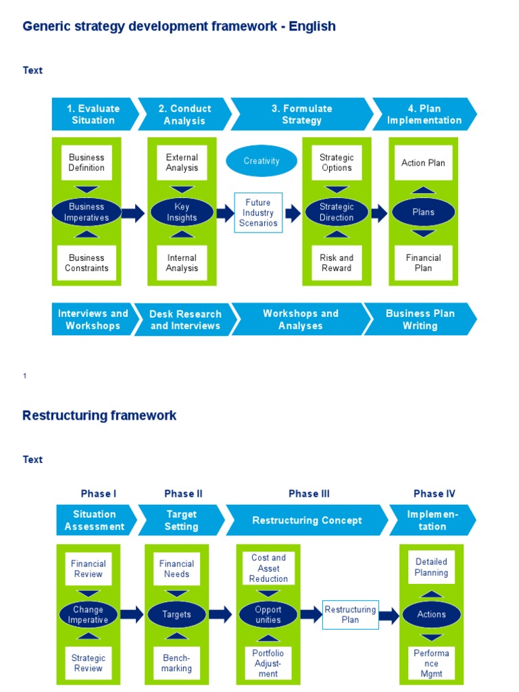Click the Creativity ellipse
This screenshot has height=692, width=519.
click(262, 162)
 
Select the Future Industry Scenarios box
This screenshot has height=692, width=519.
click(257, 212)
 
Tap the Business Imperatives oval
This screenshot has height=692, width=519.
click(86, 212)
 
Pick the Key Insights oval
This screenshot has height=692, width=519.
click(182, 212)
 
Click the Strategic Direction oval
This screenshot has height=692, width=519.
click(337, 212)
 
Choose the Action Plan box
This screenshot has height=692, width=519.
click(423, 163)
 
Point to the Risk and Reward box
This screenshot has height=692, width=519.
click(337, 263)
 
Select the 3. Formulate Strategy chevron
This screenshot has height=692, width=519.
click(301, 114)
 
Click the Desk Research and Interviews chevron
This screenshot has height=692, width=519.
click(185, 320)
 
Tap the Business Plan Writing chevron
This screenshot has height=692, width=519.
click(420, 320)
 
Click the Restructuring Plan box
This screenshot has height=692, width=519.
click(350, 614)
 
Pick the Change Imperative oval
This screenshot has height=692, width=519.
click(88, 614)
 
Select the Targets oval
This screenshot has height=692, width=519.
click(176, 614)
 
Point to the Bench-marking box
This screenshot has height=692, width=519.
click(176, 663)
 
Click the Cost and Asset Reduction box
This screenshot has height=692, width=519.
click(268, 568)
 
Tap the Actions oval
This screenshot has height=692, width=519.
click(431, 614)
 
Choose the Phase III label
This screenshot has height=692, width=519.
click(309, 494)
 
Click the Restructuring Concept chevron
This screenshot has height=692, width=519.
click(307, 520)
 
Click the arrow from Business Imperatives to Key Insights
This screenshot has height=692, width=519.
click(134, 213)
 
